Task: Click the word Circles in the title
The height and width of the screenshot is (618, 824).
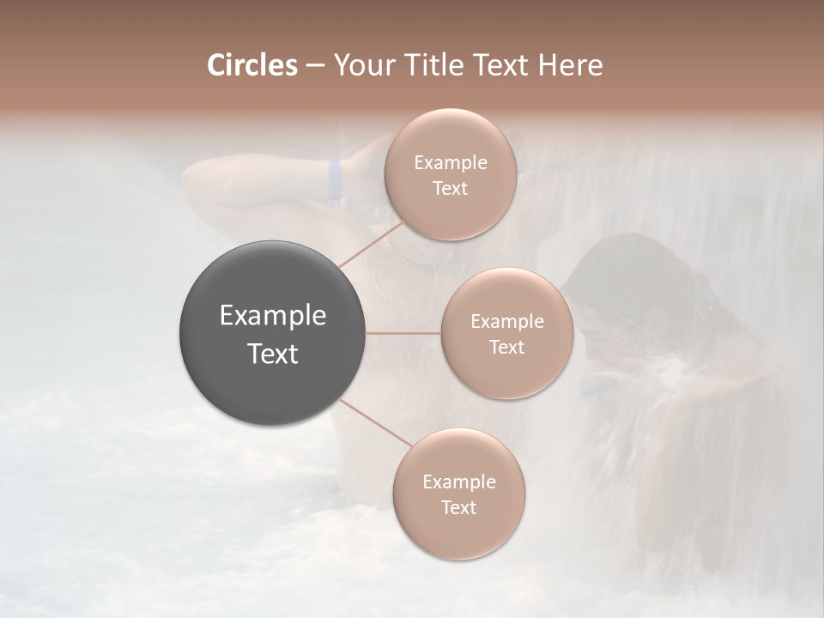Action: (x=251, y=65)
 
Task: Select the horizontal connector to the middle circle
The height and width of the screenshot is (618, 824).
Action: (x=403, y=333)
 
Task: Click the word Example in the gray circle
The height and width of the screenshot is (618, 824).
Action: (x=273, y=317)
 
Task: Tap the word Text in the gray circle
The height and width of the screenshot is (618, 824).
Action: (x=273, y=353)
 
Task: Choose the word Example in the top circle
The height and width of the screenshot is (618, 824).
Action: (x=450, y=163)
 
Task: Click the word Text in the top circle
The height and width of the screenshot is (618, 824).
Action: (x=450, y=188)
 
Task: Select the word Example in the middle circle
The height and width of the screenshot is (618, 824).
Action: (x=506, y=322)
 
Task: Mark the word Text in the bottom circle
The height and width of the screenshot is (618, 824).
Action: (x=458, y=507)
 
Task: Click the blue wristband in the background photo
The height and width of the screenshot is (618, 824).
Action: (x=335, y=179)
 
